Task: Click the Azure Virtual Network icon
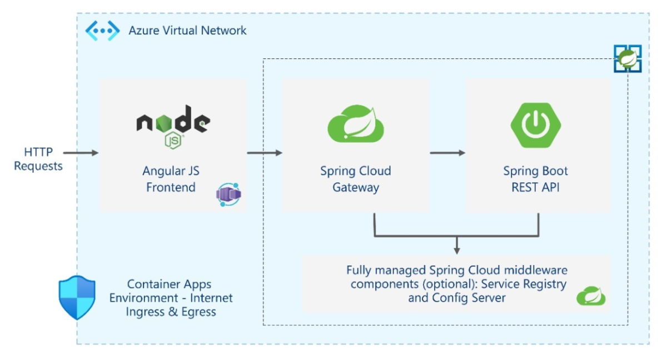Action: [102, 30]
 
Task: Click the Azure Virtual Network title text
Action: [187, 30]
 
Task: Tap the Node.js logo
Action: [173, 125]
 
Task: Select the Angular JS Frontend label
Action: [171, 179]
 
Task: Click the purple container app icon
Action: [228, 194]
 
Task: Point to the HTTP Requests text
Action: [38, 158]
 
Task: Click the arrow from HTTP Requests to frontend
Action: [81, 152]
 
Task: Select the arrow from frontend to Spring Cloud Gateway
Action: [264, 152]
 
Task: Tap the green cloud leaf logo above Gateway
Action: [356, 123]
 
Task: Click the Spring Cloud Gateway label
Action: [356, 179]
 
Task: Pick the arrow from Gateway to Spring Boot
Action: [447, 152]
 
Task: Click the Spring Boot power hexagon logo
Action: [535, 123]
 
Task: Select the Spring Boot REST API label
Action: [535, 179]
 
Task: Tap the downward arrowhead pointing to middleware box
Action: [456, 248]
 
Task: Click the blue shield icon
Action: [77, 297]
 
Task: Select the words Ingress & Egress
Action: [171, 312]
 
